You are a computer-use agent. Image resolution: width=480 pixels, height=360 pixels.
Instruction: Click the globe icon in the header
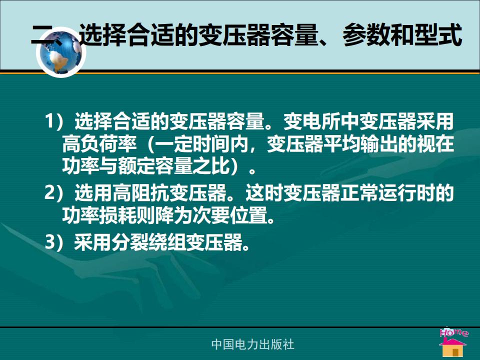coord(61,52)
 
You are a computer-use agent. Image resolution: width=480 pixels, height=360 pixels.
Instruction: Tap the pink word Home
coord(453,332)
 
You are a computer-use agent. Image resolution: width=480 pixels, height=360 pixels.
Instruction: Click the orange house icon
coord(453,348)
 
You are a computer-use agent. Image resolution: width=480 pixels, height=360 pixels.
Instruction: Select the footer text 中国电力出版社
coord(252,344)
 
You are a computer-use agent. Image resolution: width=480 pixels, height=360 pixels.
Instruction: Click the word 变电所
coord(311,121)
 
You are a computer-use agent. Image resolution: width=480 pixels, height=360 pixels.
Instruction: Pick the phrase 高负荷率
coord(99,143)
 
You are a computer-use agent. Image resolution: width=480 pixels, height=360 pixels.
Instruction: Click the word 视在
coord(436,143)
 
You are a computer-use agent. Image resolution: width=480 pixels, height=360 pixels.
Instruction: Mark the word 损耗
coord(118,215)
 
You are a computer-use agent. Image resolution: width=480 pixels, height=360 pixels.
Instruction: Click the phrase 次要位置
coord(230,215)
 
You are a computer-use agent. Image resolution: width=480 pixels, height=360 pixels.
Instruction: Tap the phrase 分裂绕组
coord(149,242)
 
